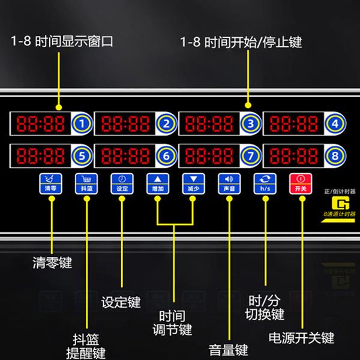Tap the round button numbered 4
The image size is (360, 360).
(335, 125)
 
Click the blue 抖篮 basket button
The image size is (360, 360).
(85, 183)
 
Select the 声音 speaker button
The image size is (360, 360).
(229, 183)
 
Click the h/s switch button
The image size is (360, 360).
(265, 183)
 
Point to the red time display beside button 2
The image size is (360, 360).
(124, 125)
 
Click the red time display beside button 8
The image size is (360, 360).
(294, 157)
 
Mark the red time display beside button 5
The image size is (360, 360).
(40, 157)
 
